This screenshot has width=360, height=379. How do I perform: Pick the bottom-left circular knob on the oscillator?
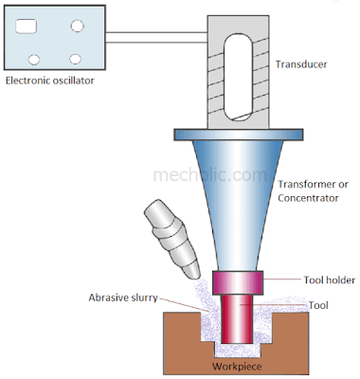point(34,57)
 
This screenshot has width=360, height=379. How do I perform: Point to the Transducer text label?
point(302,65)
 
